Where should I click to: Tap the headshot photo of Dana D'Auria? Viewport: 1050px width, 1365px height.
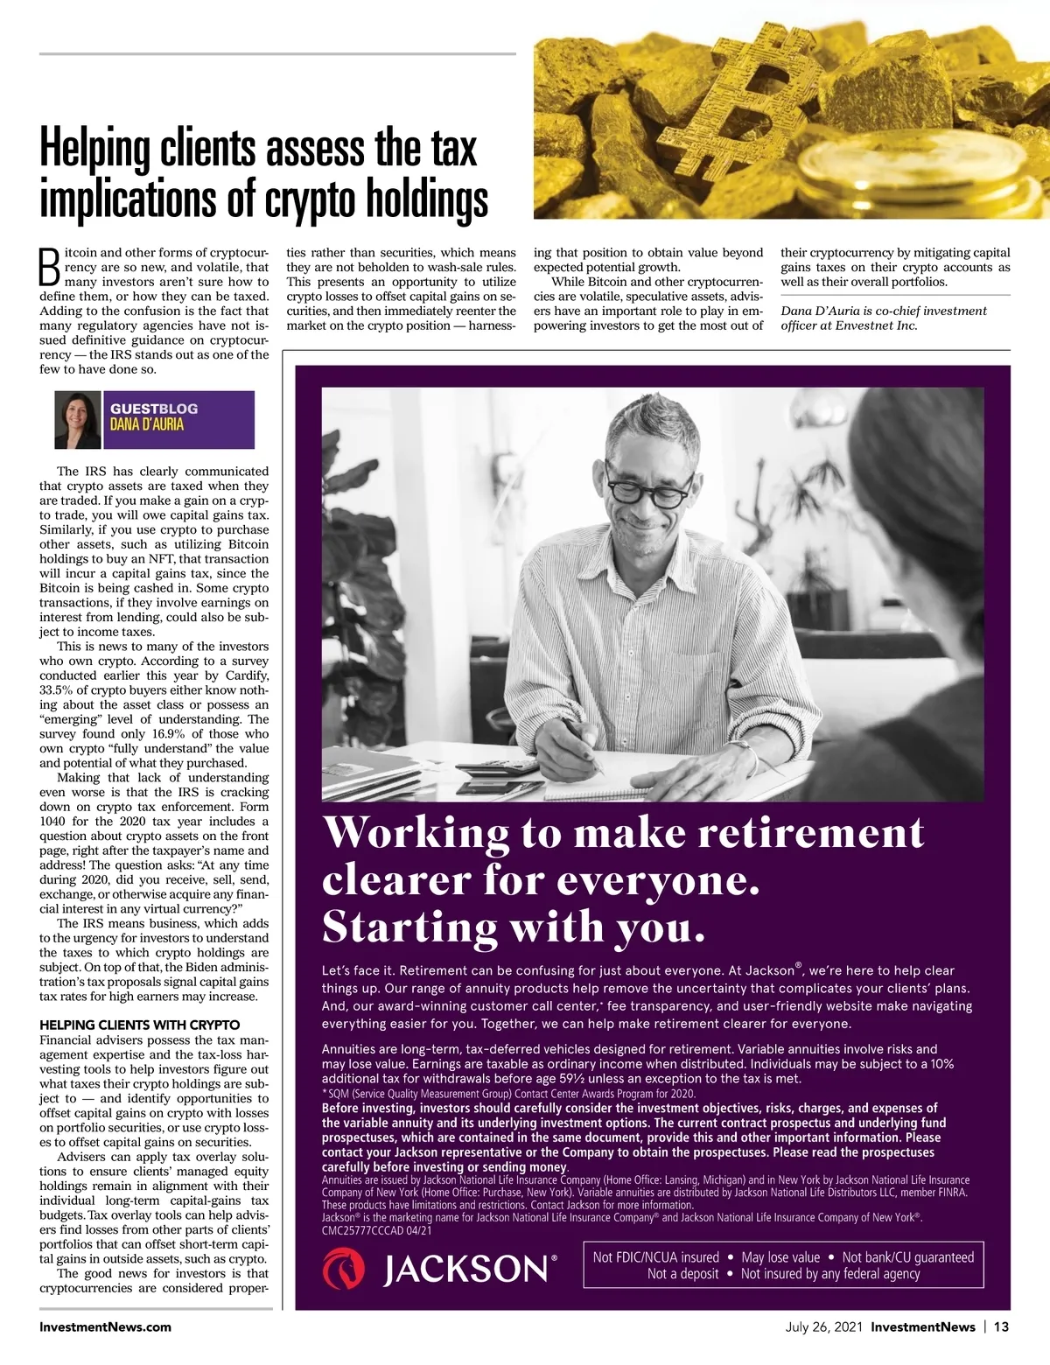click(x=78, y=420)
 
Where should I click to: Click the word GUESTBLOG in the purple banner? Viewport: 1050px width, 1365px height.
click(x=154, y=409)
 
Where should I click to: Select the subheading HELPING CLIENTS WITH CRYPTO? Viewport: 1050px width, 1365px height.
click(x=139, y=1025)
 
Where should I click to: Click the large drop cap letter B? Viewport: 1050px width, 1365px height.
click(x=50, y=268)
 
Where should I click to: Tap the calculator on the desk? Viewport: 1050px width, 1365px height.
click(x=496, y=768)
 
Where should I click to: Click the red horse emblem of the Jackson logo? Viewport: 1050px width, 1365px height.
click(x=344, y=1269)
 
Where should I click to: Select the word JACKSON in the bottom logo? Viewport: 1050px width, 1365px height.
click(x=465, y=1270)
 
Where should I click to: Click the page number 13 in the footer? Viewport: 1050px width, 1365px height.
click(x=1001, y=1326)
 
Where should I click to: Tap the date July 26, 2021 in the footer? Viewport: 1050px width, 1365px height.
click(x=823, y=1326)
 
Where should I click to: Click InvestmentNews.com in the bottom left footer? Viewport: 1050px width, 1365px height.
click(x=105, y=1326)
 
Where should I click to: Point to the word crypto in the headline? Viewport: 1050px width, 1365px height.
click(x=295, y=199)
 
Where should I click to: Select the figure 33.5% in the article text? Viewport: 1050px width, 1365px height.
click(x=58, y=690)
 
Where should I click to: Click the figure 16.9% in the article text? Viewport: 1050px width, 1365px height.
click(x=170, y=734)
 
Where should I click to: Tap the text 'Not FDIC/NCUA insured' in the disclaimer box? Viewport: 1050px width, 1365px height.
click(x=655, y=1257)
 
